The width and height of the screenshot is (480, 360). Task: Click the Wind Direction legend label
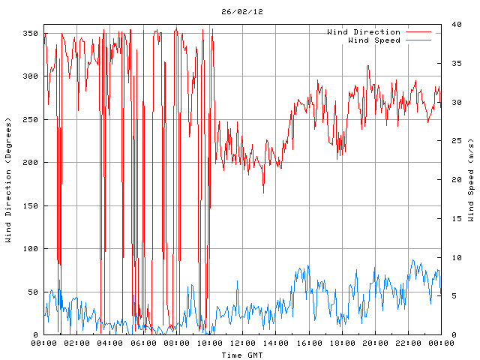364,32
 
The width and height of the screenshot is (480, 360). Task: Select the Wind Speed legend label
374,40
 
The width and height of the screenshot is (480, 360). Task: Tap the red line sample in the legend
420,32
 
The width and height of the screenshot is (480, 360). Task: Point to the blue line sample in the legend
420,40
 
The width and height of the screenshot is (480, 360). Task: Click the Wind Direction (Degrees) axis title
8,180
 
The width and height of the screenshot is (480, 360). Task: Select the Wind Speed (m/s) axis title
471,180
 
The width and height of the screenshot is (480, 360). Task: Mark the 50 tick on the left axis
31,292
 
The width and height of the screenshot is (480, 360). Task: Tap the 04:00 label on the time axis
110,343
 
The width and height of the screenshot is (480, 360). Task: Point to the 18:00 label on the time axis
342,343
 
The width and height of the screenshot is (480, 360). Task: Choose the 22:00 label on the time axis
408,343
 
